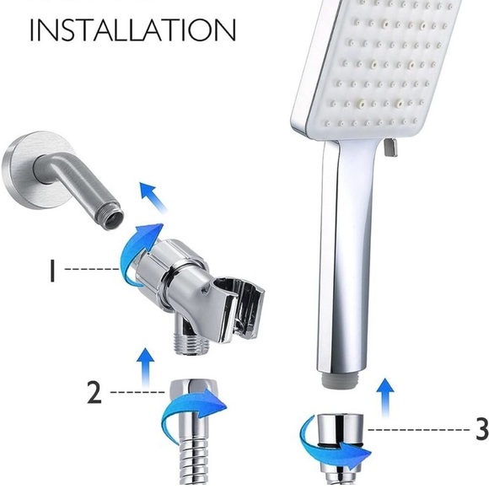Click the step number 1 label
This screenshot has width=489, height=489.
coord(52,270)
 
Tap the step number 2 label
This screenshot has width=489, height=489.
coord(94,393)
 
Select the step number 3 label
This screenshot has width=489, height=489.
coord(481,428)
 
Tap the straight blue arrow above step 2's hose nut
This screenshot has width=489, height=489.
coord(145,363)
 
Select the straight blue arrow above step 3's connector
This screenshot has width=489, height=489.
coord(384,393)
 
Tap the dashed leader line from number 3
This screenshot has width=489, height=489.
coord(416,430)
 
